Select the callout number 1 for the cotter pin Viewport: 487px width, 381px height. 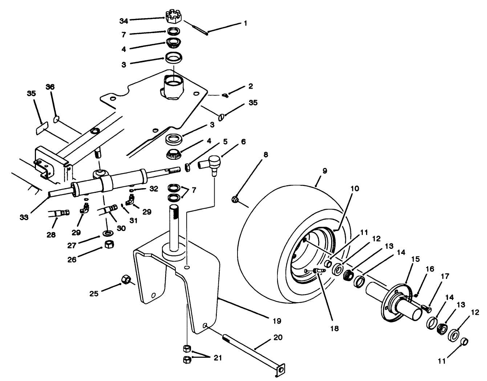245,23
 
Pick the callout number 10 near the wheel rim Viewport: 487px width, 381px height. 354,189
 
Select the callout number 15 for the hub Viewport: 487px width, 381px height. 415,259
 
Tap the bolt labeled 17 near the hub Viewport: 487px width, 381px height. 426,309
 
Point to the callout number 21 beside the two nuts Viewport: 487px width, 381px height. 217,358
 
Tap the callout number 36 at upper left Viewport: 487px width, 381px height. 50,87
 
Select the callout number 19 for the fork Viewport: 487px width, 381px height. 277,321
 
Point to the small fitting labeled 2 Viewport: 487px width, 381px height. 225,96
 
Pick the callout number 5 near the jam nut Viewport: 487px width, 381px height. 225,142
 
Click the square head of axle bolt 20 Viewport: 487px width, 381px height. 280,369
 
